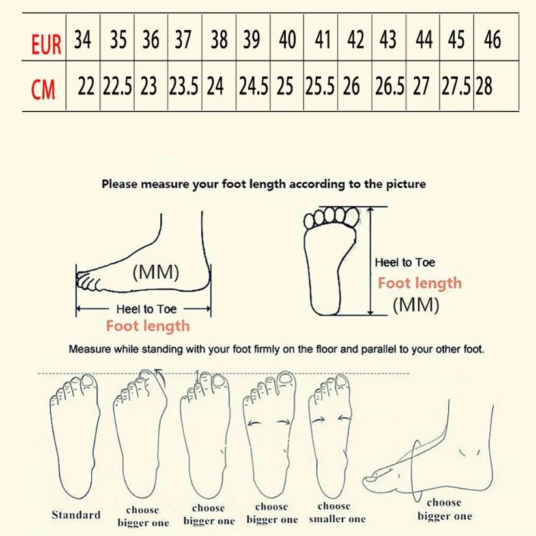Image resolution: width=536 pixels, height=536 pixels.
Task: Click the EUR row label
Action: point(46,44)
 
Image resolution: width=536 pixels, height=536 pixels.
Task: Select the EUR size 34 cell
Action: point(83,40)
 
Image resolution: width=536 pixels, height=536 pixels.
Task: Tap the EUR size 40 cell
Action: point(287,40)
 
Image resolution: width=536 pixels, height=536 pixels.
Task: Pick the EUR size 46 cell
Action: point(492,40)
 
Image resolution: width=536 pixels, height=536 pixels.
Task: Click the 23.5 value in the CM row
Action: point(184,87)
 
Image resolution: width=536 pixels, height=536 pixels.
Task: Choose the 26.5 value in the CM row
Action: point(389,87)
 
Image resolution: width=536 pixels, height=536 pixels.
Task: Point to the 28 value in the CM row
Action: point(484,87)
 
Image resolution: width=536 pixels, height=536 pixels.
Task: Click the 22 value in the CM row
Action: point(86,87)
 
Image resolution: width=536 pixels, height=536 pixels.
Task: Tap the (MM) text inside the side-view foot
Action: point(156,272)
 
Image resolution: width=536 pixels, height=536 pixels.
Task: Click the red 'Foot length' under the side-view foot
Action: point(148,326)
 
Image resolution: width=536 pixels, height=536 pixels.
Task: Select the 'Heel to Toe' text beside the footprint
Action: point(404,262)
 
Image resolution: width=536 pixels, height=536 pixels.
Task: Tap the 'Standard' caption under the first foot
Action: point(76,515)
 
